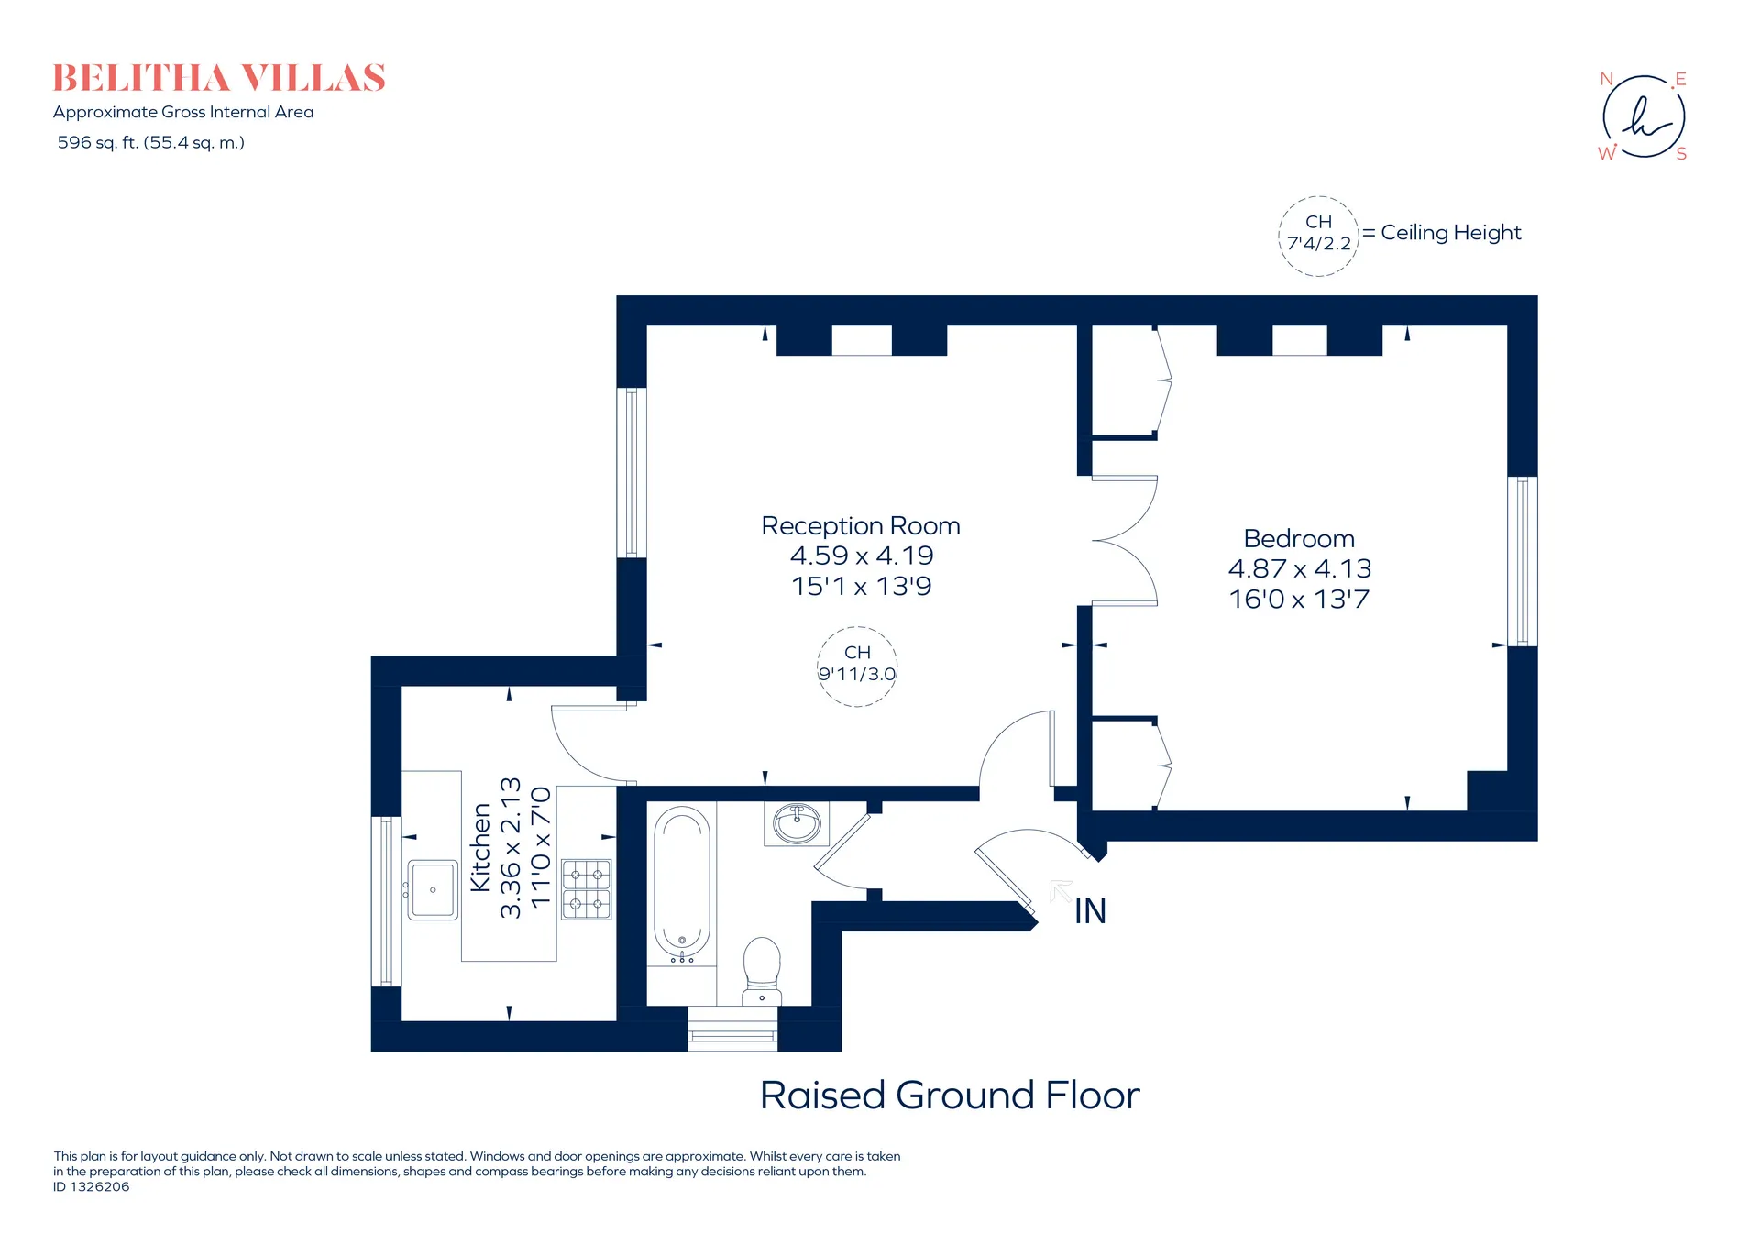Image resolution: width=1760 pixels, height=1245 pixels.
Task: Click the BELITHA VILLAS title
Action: [x=219, y=79]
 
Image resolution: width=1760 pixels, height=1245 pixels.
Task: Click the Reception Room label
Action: [x=861, y=526]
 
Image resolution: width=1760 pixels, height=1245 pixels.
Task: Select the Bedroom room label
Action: [x=1299, y=539]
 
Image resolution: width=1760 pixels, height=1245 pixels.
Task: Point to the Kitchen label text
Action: [x=480, y=847]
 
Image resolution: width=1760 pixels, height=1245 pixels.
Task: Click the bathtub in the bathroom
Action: [x=682, y=884]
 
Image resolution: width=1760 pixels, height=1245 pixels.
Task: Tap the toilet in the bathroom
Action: [x=761, y=971]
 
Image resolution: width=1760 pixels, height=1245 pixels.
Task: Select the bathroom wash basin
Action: [x=797, y=823]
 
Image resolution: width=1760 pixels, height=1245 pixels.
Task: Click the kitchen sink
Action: [x=432, y=889]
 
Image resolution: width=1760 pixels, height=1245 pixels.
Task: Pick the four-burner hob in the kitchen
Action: [x=586, y=888]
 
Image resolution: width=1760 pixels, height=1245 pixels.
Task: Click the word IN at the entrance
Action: [x=1091, y=911]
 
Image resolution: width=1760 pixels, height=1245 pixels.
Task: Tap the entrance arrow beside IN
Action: [x=1061, y=891]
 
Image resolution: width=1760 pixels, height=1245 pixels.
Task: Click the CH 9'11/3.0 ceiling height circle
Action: [x=857, y=667]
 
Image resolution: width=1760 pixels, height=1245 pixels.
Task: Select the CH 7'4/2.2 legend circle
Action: [x=1318, y=236]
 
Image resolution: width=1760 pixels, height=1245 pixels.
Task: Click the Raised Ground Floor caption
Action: [x=950, y=1096]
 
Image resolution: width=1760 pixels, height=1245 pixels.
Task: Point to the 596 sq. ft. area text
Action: [x=151, y=143]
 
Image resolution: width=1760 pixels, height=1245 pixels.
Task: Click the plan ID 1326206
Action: [x=92, y=1187]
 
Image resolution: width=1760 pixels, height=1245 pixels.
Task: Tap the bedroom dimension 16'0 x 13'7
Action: [x=1299, y=600]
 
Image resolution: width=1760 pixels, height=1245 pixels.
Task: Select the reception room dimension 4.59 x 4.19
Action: [x=862, y=556]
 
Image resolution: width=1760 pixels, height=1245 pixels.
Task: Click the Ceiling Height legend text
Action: [x=1451, y=233]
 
